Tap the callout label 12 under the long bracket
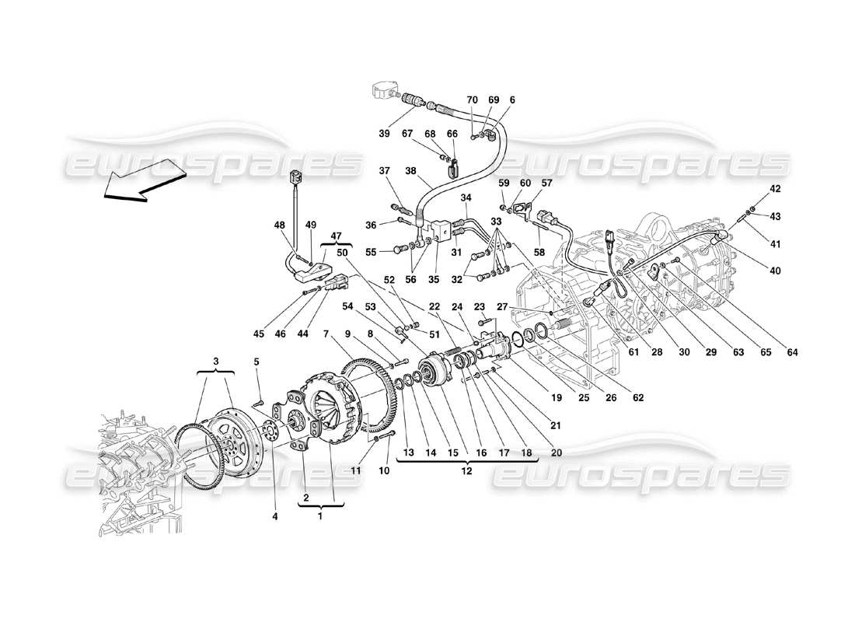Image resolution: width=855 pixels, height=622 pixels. point(466,470)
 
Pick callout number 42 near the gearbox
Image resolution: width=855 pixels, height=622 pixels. point(753,189)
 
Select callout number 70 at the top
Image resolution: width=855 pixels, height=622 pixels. point(472,100)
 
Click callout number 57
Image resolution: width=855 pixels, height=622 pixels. point(546,183)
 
